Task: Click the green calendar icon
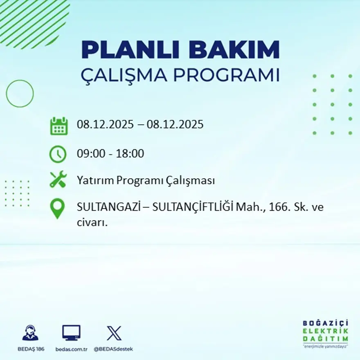59,126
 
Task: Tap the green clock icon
58,154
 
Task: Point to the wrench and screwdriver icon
58,180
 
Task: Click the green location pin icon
57,208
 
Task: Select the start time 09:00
89,154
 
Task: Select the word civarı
92,223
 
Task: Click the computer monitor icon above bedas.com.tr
71,333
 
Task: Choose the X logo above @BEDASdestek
114,333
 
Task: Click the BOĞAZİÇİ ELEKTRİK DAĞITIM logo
325,333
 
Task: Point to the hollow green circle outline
20,94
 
